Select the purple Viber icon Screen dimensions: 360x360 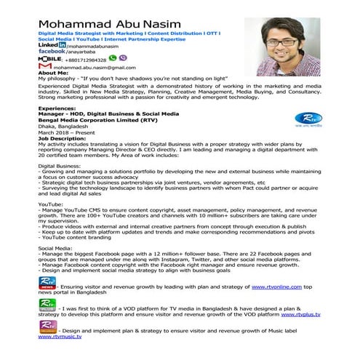121,58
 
